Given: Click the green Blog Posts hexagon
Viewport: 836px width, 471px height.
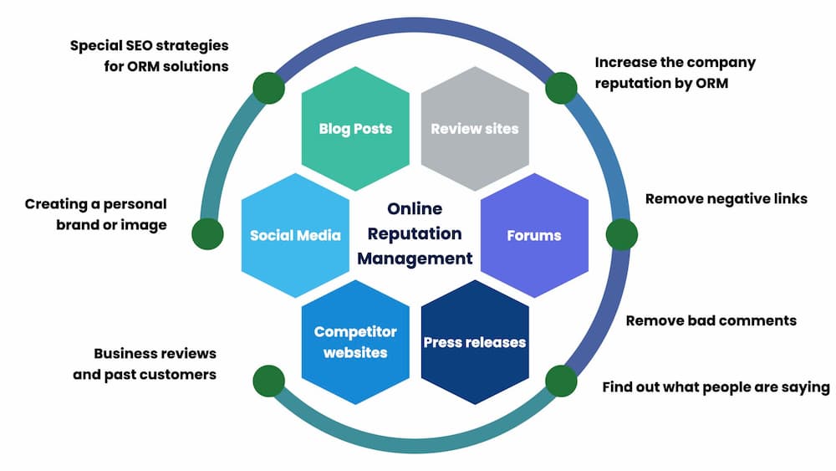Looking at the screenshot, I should point(355,129).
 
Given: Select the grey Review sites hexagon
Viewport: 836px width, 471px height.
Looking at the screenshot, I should point(475,129).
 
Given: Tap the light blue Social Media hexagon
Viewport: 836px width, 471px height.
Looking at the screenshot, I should point(295,235).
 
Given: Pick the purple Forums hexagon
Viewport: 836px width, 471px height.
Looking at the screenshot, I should point(534,235).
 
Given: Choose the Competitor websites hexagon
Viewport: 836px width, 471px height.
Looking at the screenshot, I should point(355,342).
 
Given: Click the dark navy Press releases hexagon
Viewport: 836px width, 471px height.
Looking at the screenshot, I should point(475,342).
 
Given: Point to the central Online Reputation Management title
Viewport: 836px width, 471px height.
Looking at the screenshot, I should point(415,233).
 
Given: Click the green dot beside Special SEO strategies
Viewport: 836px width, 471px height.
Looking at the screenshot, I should point(268,88).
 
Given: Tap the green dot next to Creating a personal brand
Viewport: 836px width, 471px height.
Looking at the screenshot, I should point(207,234).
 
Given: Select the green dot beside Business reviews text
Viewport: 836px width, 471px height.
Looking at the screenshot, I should point(268,381).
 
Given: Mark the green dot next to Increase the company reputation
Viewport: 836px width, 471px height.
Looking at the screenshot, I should point(561,88).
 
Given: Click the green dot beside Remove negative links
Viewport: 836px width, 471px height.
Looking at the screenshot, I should point(621,234).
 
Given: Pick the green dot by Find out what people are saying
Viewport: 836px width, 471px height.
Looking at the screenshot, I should point(561,381).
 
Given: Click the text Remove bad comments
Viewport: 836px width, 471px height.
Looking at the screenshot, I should point(711,320).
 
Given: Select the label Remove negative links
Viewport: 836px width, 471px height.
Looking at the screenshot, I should point(726,199).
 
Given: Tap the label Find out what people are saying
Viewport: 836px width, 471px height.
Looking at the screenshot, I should point(716,387).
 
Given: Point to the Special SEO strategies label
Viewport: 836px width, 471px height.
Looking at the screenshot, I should point(150,55).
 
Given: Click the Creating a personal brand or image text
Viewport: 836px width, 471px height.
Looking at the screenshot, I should point(95,214).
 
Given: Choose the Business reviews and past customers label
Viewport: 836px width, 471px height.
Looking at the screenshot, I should point(145,364).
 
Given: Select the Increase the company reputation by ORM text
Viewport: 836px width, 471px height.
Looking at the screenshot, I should point(675,72).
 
